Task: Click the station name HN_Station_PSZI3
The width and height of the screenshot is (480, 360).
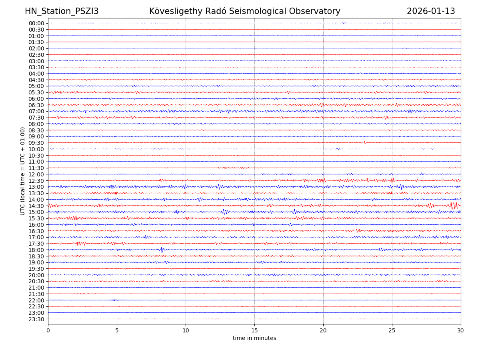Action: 62,12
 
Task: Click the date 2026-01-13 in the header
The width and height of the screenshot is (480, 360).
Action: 431,12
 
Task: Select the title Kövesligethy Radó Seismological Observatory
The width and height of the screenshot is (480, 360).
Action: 244,12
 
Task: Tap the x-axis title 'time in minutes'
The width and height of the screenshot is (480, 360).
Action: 254,338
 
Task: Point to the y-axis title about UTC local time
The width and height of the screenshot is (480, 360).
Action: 23,171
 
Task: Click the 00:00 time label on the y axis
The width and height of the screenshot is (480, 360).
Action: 36,23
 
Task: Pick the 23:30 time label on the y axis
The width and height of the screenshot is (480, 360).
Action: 36,319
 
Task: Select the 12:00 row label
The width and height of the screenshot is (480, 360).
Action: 36,174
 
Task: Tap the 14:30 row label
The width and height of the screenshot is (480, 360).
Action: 36,206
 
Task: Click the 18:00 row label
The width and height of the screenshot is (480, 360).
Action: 36,250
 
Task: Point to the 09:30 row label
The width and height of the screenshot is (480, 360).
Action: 36,143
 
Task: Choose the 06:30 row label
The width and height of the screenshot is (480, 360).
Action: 36,105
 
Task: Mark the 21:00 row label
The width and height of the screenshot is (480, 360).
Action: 36,288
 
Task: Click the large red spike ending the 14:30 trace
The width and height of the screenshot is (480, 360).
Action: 454,206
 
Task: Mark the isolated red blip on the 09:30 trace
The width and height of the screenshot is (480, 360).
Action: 365,142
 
